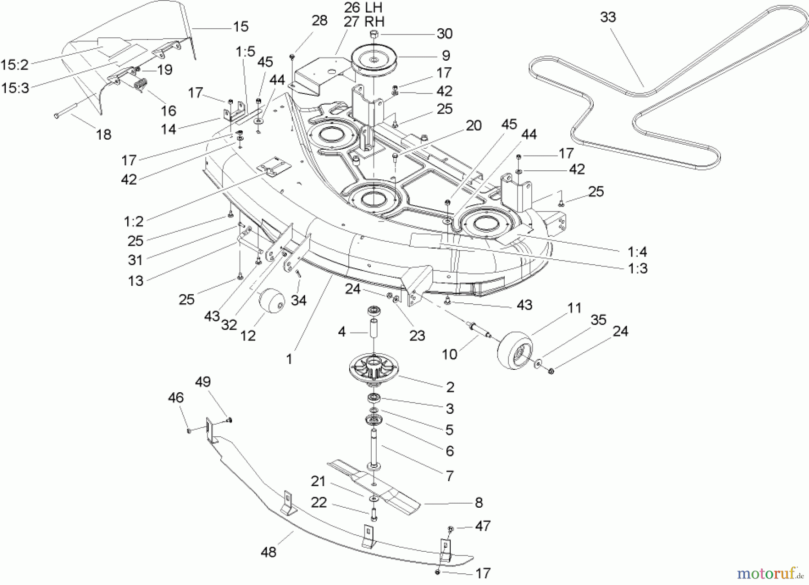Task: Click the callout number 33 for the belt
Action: pos(608,18)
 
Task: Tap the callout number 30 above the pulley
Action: pos(444,34)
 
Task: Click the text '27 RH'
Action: pos(364,22)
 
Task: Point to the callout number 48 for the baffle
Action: pos(268,552)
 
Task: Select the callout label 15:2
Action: pos(14,65)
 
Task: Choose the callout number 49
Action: pos(203,382)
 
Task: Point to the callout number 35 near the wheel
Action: pos(598,320)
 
